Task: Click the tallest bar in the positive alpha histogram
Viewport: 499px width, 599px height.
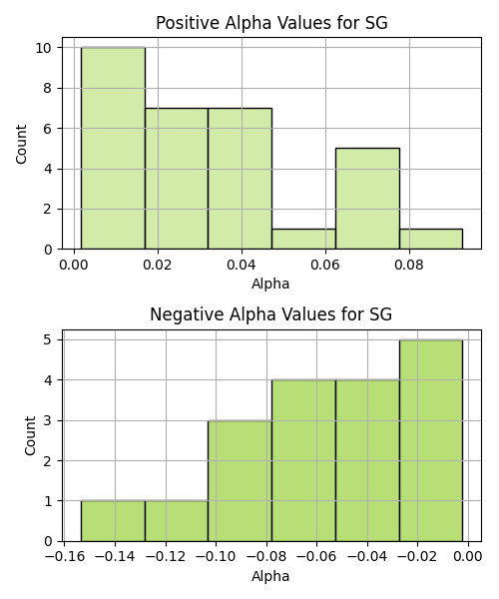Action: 113,148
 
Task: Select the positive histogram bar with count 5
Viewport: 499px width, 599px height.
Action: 367,199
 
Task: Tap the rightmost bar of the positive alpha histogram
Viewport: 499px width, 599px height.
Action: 431,240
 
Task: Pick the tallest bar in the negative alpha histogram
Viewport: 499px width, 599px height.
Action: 431,440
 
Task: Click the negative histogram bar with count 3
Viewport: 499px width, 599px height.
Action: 240,481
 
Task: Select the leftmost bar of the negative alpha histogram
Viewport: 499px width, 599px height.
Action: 113,521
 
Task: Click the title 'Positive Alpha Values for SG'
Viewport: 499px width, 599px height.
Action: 271,23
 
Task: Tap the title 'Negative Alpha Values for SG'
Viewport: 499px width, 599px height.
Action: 270,314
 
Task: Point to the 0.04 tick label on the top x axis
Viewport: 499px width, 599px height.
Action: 242,265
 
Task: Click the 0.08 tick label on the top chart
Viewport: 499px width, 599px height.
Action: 409,265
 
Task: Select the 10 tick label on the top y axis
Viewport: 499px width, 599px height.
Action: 44,48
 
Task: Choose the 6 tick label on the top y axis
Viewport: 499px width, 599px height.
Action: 48,129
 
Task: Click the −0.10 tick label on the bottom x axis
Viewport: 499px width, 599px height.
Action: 216,557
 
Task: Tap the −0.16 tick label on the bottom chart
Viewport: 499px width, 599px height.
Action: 65,557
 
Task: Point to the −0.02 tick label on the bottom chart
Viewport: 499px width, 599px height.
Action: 417,557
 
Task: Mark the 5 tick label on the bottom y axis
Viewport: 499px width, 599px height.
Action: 48,339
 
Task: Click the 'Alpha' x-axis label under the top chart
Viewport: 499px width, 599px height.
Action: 270,284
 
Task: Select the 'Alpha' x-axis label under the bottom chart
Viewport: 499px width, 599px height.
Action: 270,576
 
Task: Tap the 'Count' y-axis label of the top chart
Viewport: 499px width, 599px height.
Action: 21,144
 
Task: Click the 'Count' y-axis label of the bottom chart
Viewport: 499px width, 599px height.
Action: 30,436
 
